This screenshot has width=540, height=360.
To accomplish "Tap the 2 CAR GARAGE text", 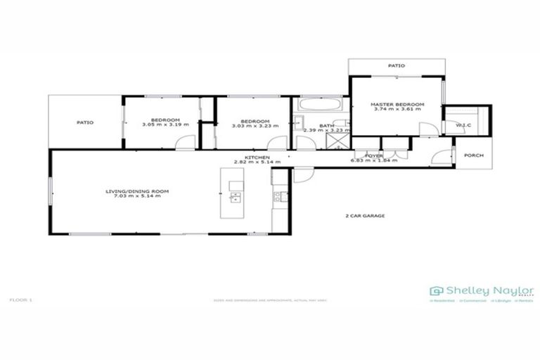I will [x=365, y=216].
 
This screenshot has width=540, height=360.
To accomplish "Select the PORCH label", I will [x=474, y=155].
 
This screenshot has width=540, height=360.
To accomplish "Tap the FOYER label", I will [x=374, y=155].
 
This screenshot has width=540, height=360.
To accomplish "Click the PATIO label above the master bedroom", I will [x=397, y=65].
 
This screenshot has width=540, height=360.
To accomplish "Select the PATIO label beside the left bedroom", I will [x=85, y=122].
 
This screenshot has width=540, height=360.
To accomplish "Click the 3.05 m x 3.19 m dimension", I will [x=166, y=124].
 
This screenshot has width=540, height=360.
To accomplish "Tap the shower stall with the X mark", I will [x=337, y=141].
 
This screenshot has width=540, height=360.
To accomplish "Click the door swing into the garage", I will [x=302, y=174].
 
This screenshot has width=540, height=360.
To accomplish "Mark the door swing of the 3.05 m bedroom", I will [x=185, y=143].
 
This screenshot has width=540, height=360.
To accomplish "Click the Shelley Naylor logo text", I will [x=489, y=290].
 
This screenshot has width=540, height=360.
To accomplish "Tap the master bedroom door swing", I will [x=427, y=129].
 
